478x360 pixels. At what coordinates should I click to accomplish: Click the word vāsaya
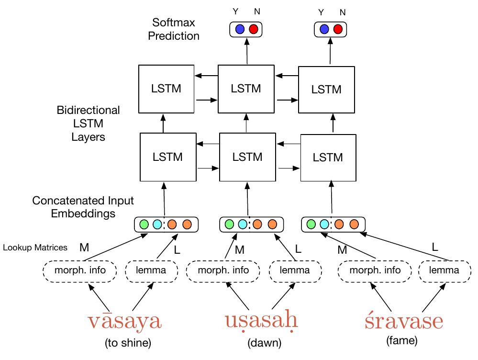click(x=124, y=322)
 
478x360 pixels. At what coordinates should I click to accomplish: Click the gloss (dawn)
click(x=264, y=343)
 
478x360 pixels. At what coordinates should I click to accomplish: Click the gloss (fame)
click(x=402, y=341)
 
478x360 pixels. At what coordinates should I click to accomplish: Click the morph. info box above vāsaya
click(x=80, y=270)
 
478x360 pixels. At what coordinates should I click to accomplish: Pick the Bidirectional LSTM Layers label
click(x=88, y=124)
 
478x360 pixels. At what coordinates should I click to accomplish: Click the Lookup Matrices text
click(x=35, y=248)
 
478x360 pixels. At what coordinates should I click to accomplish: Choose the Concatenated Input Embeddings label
click(x=83, y=207)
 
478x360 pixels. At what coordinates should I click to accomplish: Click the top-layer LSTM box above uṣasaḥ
click(x=246, y=89)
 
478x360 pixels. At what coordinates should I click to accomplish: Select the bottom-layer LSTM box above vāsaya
click(x=168, y=157)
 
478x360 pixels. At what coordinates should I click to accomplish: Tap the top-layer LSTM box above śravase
click(x=326, y=89)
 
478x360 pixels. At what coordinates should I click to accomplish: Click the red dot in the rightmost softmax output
click(x=338, y=30)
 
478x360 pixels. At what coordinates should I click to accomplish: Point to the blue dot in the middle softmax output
click(x=240, y=30)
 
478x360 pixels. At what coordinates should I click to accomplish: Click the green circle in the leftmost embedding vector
click(x=144, y=224)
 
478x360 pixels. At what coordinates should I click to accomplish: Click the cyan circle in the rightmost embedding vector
click(x=324, y=224)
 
